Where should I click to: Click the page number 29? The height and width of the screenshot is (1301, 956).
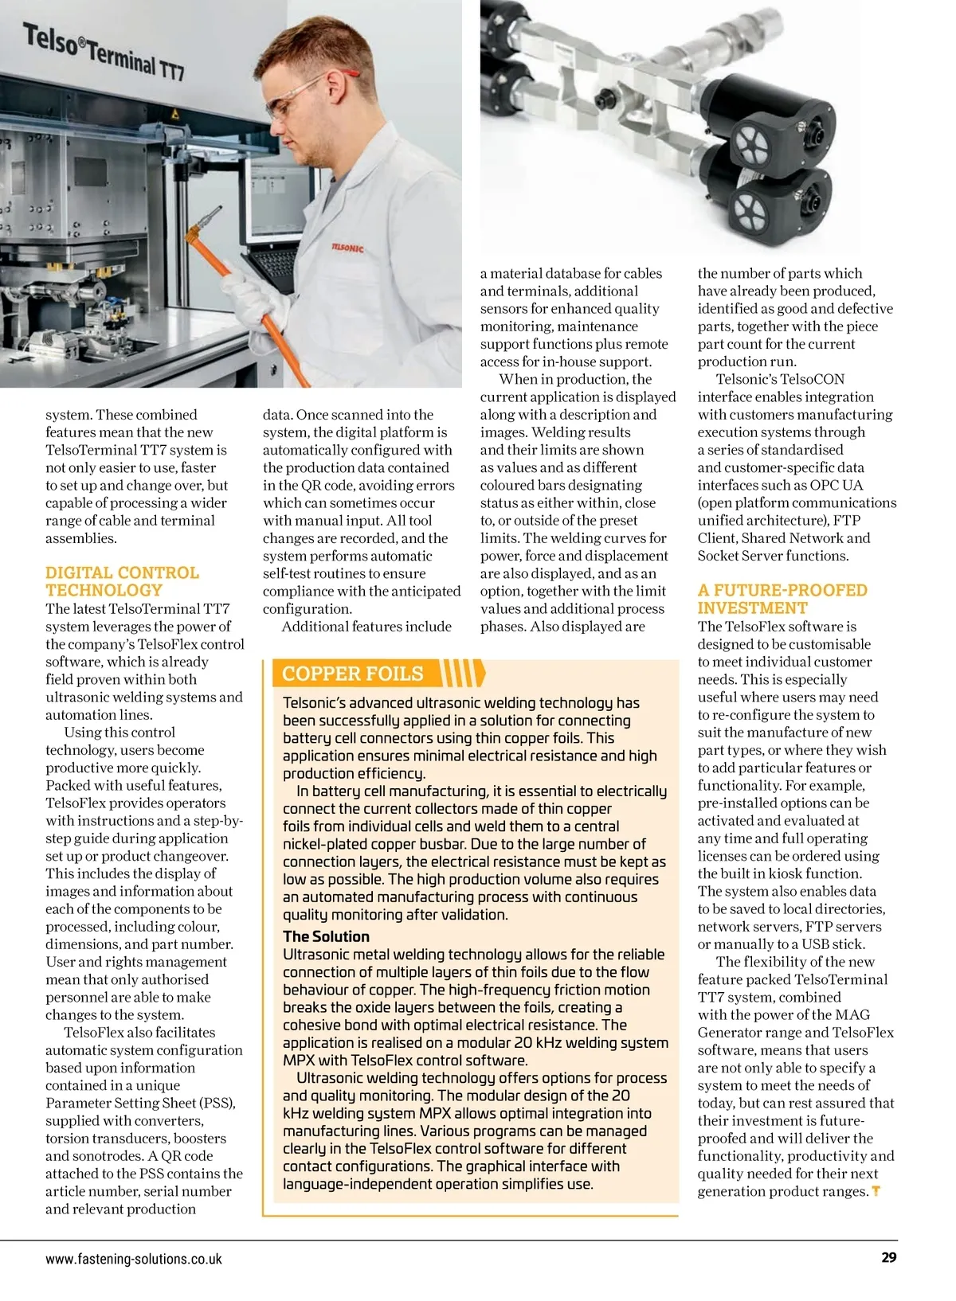point(889,1257)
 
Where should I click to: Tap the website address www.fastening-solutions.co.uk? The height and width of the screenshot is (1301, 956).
point(134,1259)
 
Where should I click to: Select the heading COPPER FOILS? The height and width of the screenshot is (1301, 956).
point(353,674)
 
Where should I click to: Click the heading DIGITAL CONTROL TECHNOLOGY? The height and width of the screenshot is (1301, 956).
point(122,581)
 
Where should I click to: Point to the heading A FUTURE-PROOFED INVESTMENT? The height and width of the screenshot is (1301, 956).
point(782,599)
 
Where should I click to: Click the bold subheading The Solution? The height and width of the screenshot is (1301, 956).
point(327,936)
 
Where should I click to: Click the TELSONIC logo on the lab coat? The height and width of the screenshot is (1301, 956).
point(347,248)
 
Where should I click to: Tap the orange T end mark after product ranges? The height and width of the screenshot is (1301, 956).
point(876,1192)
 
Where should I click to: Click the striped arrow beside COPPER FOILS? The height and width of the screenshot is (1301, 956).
point(463,673)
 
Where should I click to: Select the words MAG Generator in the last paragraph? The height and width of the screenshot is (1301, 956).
point(784,1024)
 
